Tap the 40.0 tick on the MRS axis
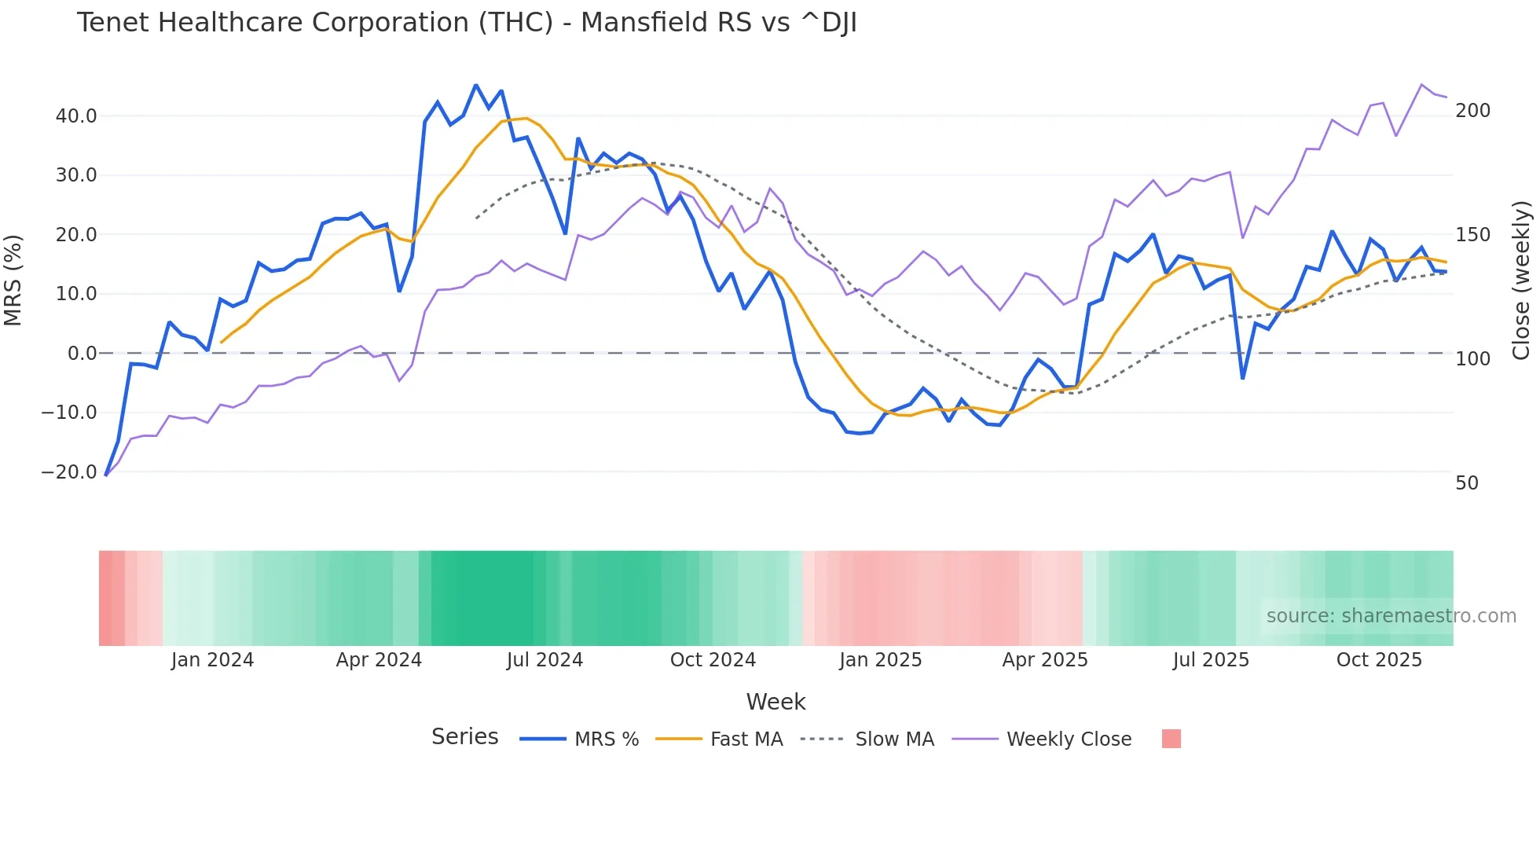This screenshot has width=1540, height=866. [76, 116]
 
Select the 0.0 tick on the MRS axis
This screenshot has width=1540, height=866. [82, 354]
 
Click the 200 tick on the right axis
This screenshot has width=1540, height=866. [1472, 111]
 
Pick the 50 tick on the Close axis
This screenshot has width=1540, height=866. [1467, 483]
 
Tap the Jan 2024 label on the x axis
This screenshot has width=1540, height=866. [212, 660]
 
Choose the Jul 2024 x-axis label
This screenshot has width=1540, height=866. [544, 660]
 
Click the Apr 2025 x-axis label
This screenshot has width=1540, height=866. [1044, 660]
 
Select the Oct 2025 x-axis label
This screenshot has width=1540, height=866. [1379, 660]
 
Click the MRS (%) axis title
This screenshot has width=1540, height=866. [13, 281]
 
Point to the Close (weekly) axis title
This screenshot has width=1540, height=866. [1521, 281]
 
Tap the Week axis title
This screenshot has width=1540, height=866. [775, 702]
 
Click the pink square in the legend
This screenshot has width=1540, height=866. [1171, 739]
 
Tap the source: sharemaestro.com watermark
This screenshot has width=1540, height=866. [1391, 616]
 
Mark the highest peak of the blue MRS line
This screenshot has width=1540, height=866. [475, 85]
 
